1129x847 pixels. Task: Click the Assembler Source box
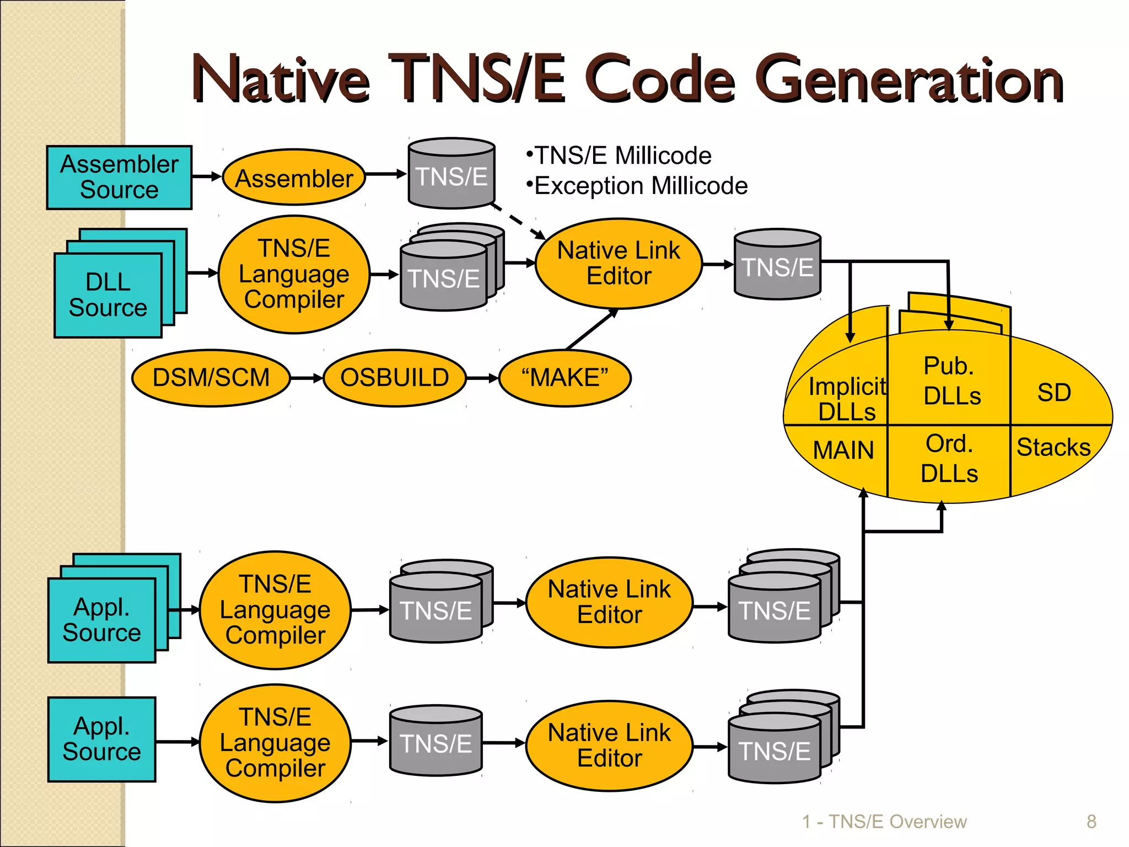point(119,177)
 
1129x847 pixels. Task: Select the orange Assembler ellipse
point(294,178)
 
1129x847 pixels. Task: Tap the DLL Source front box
point(108,295)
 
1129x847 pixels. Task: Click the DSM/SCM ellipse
point(211,378)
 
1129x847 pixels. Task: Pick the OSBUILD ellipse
point(395,378)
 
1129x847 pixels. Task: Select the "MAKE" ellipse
point(564,378)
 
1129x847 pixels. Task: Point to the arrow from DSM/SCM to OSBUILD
point(307,378)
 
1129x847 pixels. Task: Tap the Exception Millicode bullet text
point(641,186)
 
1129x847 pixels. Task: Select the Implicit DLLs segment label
point(847,399)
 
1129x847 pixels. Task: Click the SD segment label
point(1054,393)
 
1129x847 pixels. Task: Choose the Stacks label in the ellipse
point(1053,447)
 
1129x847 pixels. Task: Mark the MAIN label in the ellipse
point(843,451)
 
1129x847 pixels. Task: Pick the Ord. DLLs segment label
point(949,459)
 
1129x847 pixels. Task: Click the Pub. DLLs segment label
point(952,381)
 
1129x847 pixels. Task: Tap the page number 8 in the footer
point(1091,822)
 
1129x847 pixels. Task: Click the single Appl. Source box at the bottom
point(102,739)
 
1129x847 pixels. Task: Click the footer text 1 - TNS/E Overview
point(884,822)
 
